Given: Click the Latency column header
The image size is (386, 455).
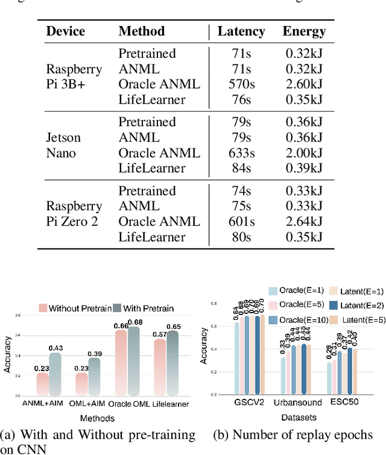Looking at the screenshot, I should tap(241, 31).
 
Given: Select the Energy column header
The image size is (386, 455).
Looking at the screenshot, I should tap(305, 31).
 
